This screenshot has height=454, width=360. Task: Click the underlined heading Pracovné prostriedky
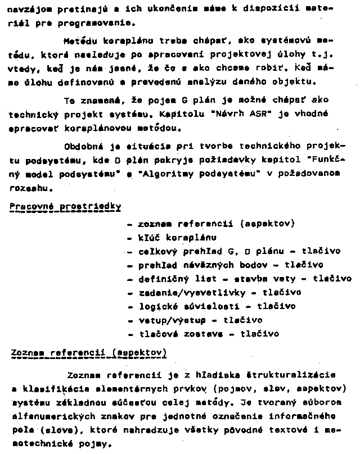65,206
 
